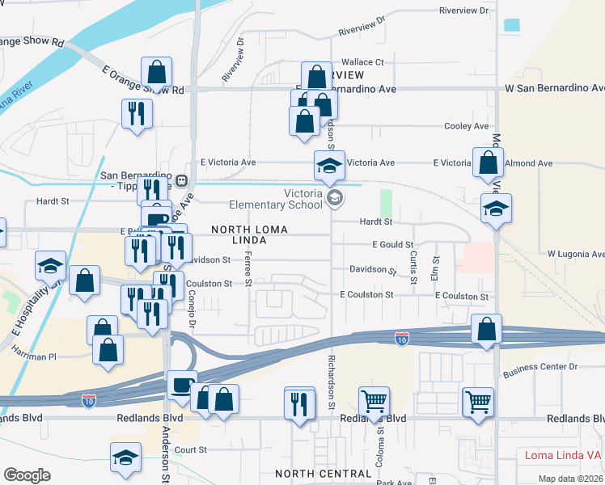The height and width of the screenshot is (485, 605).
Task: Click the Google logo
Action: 27,475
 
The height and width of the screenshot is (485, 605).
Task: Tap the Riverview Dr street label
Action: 464,11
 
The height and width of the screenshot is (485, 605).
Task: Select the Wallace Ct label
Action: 362,62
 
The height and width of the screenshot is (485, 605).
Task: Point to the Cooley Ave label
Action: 467,126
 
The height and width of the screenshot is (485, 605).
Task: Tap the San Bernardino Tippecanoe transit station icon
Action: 183,179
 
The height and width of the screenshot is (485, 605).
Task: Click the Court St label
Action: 191,449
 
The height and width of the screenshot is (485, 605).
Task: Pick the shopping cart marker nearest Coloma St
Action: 374,400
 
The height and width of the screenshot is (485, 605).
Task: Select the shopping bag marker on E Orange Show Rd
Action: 157,73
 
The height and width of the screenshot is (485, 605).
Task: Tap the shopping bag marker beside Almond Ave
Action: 489,163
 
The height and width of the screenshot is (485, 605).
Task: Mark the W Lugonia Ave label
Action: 575,254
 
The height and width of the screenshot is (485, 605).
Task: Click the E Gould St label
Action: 392,244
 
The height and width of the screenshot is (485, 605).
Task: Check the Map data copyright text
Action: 570,479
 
